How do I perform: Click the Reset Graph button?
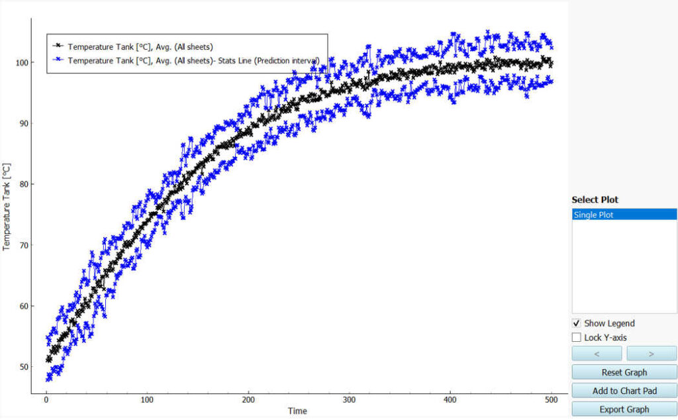coord(624,372)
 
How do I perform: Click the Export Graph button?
coord(624,409)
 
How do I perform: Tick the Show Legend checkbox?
coord(576,323)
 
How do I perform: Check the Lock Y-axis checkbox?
coord(576,338)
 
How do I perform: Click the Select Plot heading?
coord(595,199)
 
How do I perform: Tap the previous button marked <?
coord(597,354)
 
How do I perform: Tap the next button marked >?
coord(651,354)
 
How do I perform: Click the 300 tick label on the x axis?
coord(350,400)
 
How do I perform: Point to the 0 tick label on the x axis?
coord(46,400)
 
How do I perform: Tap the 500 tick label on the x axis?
coord(552,400)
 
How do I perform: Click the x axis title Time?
coord(297,411)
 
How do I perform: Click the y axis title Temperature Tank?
coord(7,207)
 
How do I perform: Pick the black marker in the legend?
coord(58,46)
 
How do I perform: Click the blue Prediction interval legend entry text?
coord(193,60)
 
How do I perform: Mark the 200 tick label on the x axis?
coord(249,400)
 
